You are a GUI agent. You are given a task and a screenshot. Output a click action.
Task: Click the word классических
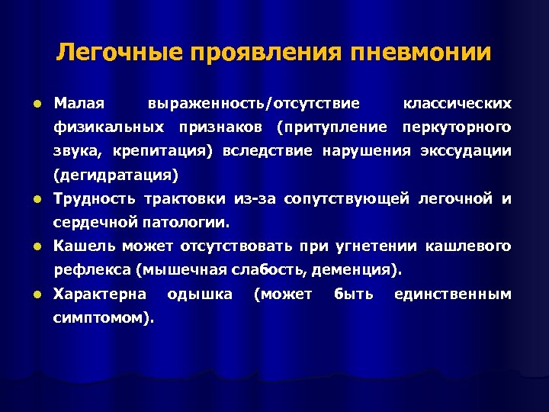point(457,102)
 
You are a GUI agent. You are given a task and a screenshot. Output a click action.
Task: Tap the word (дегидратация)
point(115,175)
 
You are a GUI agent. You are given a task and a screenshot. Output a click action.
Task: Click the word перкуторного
point(457,126)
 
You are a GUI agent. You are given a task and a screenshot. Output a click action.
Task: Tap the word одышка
point(200,295)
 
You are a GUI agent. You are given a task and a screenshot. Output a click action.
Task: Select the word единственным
point(452,295)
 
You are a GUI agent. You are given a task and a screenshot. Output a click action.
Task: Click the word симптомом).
point(104,318)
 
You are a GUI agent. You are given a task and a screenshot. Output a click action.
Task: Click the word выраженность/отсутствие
point(255,102)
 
